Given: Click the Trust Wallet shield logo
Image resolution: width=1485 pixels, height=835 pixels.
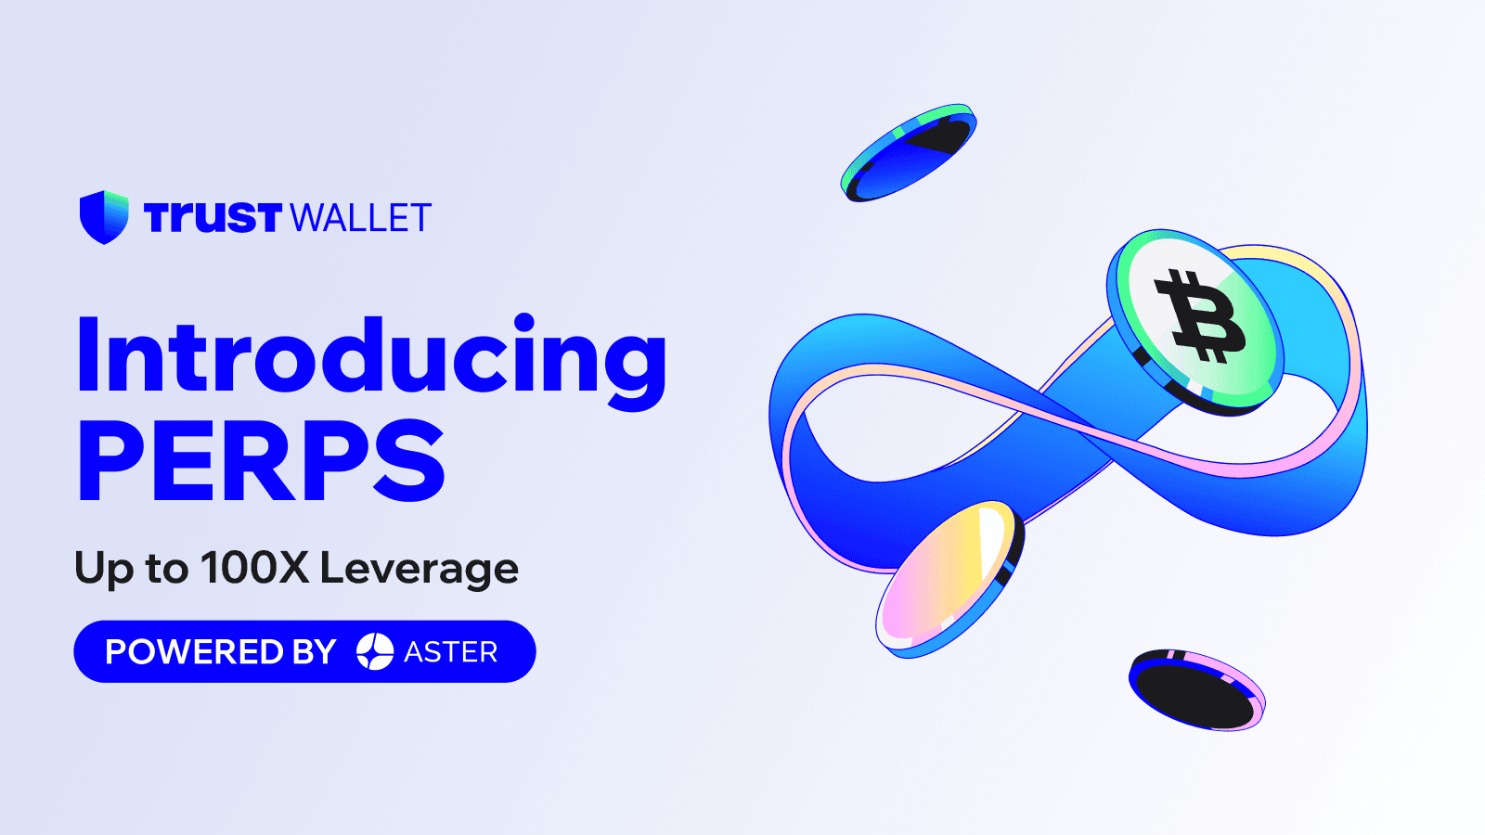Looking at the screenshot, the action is (x=104, y=217).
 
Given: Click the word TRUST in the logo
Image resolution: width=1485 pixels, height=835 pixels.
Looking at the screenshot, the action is (x=213, y=217).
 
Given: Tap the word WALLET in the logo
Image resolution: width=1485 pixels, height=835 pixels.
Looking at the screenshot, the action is (x=361, y=218).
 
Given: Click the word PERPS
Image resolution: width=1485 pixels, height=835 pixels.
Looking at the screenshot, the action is (x=261, y=460).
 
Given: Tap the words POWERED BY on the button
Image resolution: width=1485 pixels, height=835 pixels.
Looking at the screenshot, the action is (x=221, y=651).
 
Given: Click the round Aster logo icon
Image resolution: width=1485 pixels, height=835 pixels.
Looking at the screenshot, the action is (x=375, y=651).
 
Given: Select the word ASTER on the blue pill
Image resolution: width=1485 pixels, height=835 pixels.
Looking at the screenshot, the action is (x=451, y=652).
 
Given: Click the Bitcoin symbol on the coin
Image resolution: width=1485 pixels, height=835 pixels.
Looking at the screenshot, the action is (x=1200, y=316).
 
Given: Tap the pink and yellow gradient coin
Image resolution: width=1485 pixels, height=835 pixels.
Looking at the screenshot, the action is (x=949, y=579).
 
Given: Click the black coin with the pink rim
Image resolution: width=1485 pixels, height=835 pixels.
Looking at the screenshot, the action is (x=1196, y=690).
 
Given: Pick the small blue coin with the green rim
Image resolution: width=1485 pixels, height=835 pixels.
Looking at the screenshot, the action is (x=909, y=152).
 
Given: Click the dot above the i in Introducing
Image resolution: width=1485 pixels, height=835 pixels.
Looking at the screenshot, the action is (x=524, y=323).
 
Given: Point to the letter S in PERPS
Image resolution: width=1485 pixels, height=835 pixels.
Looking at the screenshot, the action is (x=409, y=460).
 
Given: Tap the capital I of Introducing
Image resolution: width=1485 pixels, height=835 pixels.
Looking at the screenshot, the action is (x=88, y=355).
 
